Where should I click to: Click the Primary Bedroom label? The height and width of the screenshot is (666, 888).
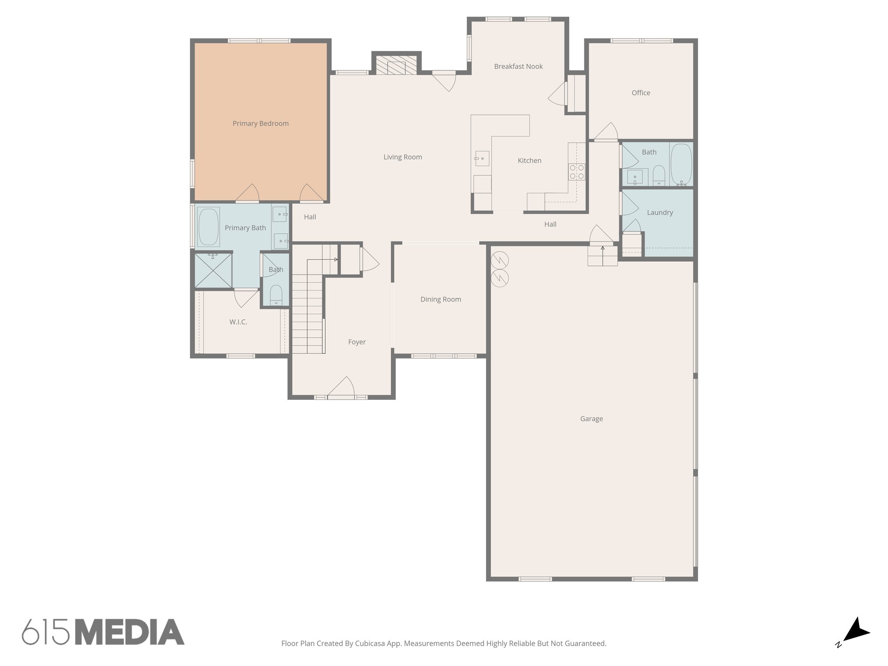[261, 124]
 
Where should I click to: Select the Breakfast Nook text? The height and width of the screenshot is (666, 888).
[518, 66]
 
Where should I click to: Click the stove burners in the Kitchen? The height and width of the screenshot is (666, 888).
[577, 172]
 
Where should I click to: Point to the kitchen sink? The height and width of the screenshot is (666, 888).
[482, 158]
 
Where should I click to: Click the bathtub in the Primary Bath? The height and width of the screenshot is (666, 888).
[209, 227]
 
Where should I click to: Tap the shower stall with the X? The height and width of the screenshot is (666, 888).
[213, 271]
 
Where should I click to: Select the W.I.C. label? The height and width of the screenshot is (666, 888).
[238, 322]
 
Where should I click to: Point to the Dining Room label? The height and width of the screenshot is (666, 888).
[441, 299]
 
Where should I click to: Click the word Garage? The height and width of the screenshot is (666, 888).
[591, 419]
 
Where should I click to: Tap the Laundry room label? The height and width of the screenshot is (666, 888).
[659, 212]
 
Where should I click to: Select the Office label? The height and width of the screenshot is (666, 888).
[641, 93]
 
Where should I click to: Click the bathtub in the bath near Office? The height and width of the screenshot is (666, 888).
[681, 165]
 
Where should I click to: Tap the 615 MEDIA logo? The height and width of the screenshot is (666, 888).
[103, 632]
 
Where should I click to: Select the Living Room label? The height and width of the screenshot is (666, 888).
[402, 157]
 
